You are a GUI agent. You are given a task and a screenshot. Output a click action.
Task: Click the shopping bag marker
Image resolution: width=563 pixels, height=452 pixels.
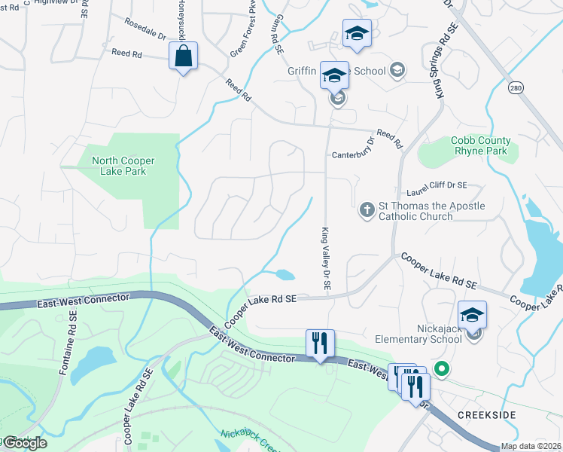click(184, 56)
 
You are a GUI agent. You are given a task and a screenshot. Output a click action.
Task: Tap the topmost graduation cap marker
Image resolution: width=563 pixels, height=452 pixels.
click(357, 34)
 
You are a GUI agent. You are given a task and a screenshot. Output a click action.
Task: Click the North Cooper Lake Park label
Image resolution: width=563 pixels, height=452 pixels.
click(119, 166)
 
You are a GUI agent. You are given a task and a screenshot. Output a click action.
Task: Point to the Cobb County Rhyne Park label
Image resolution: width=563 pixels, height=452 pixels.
click(480, 146)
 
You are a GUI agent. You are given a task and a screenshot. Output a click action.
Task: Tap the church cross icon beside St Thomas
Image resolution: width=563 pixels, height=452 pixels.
click(367, 210)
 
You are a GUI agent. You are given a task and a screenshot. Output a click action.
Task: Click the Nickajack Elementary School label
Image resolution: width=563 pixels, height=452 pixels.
click(418, 334)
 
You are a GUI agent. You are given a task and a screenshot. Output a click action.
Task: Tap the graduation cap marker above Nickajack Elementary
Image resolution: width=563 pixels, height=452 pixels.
click(473, 314)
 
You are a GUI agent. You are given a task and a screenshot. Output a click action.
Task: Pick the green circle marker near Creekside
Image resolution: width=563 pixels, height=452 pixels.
click(443, 369)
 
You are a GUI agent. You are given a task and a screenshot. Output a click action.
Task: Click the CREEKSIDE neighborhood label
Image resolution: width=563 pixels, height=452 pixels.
click(485, 415)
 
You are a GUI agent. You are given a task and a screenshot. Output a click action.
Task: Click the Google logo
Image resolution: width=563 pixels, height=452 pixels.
click(25, 443)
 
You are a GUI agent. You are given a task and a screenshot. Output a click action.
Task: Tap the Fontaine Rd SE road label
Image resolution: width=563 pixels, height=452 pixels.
click(67, 347)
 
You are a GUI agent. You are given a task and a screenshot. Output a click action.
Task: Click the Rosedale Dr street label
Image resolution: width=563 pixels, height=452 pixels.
click(145, 29)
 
